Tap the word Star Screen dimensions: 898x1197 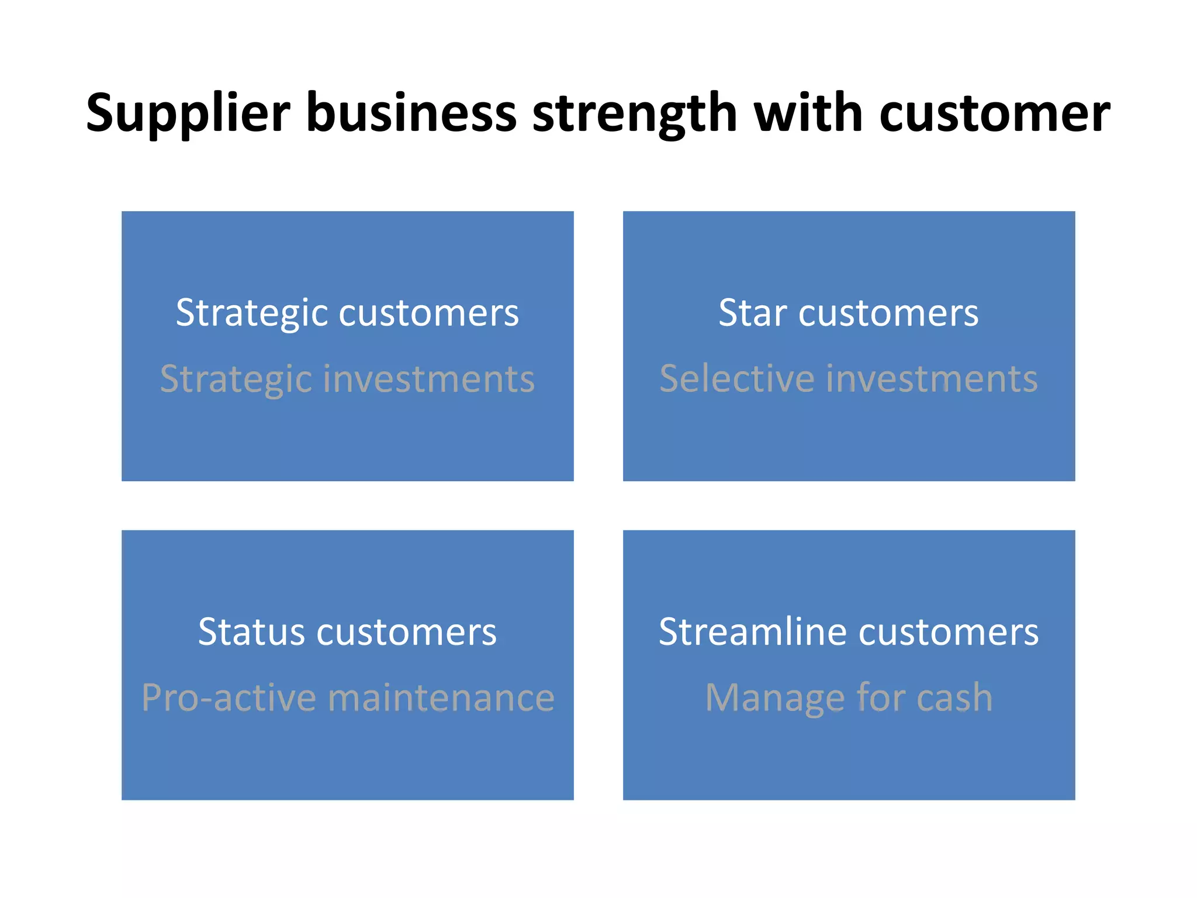click(752, 313)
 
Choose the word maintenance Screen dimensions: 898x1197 click(441, 698)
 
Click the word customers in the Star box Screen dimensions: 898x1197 click(888, 313)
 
